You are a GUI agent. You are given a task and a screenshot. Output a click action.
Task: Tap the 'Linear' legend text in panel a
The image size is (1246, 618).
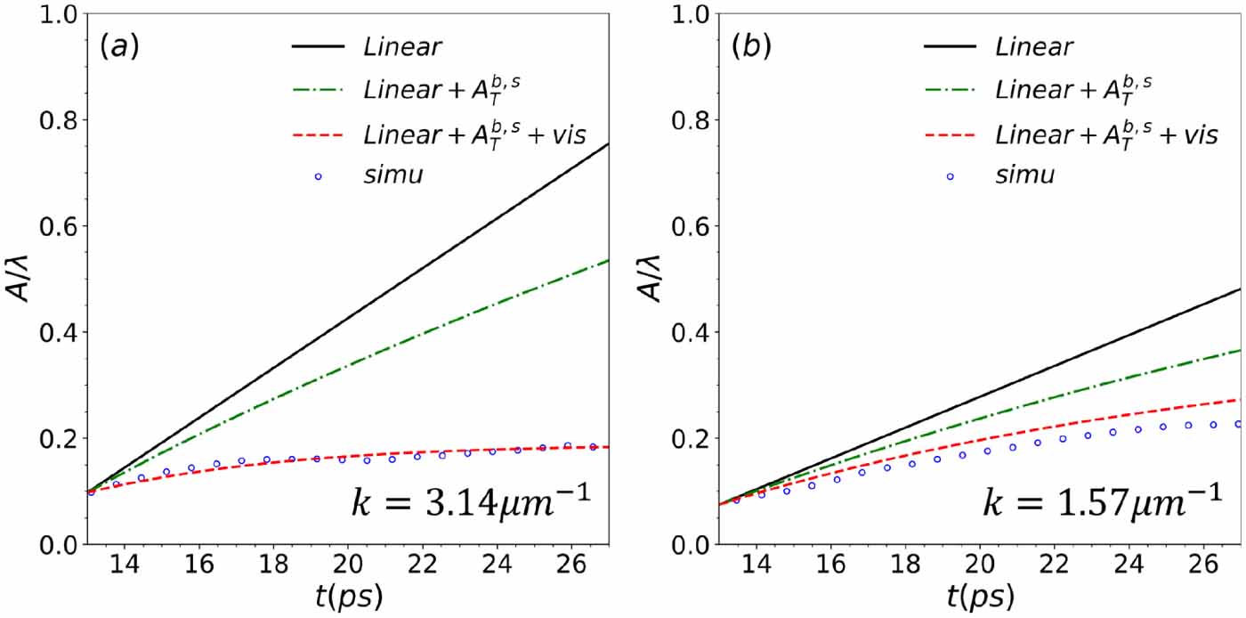401,46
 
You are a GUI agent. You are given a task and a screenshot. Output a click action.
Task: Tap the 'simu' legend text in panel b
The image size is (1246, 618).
1023,175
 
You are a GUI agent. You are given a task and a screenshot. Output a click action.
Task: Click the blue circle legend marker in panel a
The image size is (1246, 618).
318,176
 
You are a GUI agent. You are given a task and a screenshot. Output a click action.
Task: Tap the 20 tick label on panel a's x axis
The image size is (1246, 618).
348,565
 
